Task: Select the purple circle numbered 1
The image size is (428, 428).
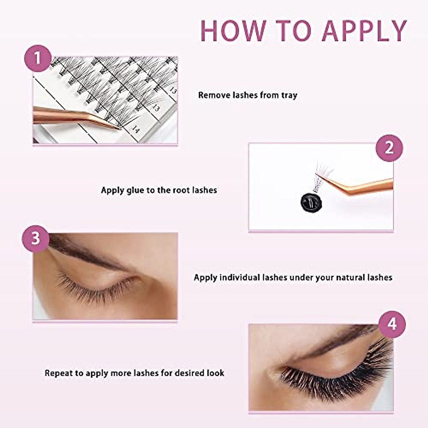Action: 38,58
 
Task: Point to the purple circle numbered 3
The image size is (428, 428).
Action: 36,238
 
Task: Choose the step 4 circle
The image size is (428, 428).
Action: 392,324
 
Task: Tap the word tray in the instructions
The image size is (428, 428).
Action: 289,96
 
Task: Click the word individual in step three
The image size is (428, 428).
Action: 240,277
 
